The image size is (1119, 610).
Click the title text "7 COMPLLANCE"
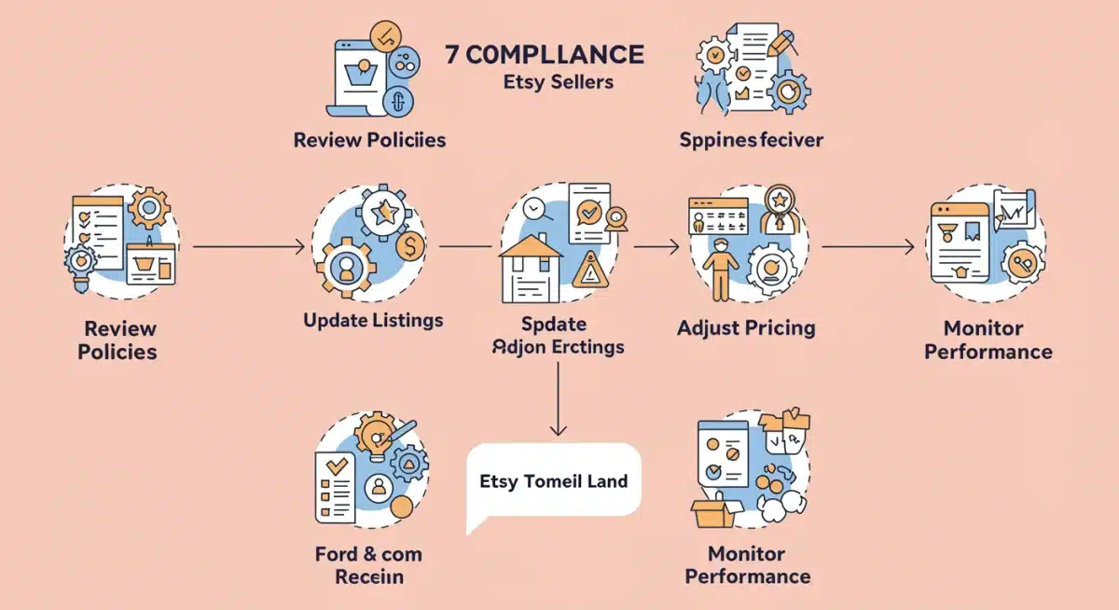click(545, 53)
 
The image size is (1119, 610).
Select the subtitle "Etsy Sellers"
click(558, 82)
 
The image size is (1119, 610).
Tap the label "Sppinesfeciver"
click(752, 140)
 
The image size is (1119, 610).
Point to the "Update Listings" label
click(373, 320)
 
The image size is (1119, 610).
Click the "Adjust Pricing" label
click(746, 327)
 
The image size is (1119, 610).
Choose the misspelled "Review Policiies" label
click(369, 140)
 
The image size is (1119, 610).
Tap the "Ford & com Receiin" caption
click(368, 565)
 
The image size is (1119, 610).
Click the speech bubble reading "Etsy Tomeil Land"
click(554, 482)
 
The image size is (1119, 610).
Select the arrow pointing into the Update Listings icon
click(249, 246)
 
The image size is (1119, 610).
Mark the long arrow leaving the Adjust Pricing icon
click(867, 246)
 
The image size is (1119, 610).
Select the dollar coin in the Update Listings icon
click(409, 246)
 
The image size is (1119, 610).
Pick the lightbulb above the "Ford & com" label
click(378, 430)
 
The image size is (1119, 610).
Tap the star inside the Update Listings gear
click(383, 214)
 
